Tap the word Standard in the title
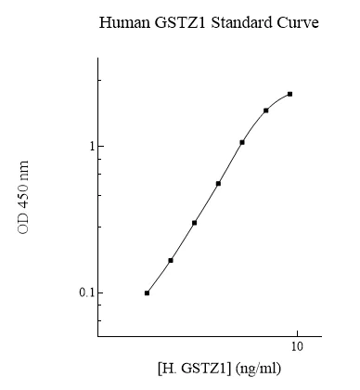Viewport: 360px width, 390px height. pos(234,21)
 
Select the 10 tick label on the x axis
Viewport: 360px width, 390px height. pos(297,346)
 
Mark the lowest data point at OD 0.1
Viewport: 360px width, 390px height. pos(147,292)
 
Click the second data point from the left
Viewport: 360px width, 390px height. pos(171,260)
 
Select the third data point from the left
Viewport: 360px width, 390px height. pos(194,223)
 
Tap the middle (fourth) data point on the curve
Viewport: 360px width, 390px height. pos(218,183)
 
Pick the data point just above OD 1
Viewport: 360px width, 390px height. pos(242,142)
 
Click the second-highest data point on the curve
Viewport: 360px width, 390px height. pos(266,110)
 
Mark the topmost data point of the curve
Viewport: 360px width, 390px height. pos(290,94)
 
